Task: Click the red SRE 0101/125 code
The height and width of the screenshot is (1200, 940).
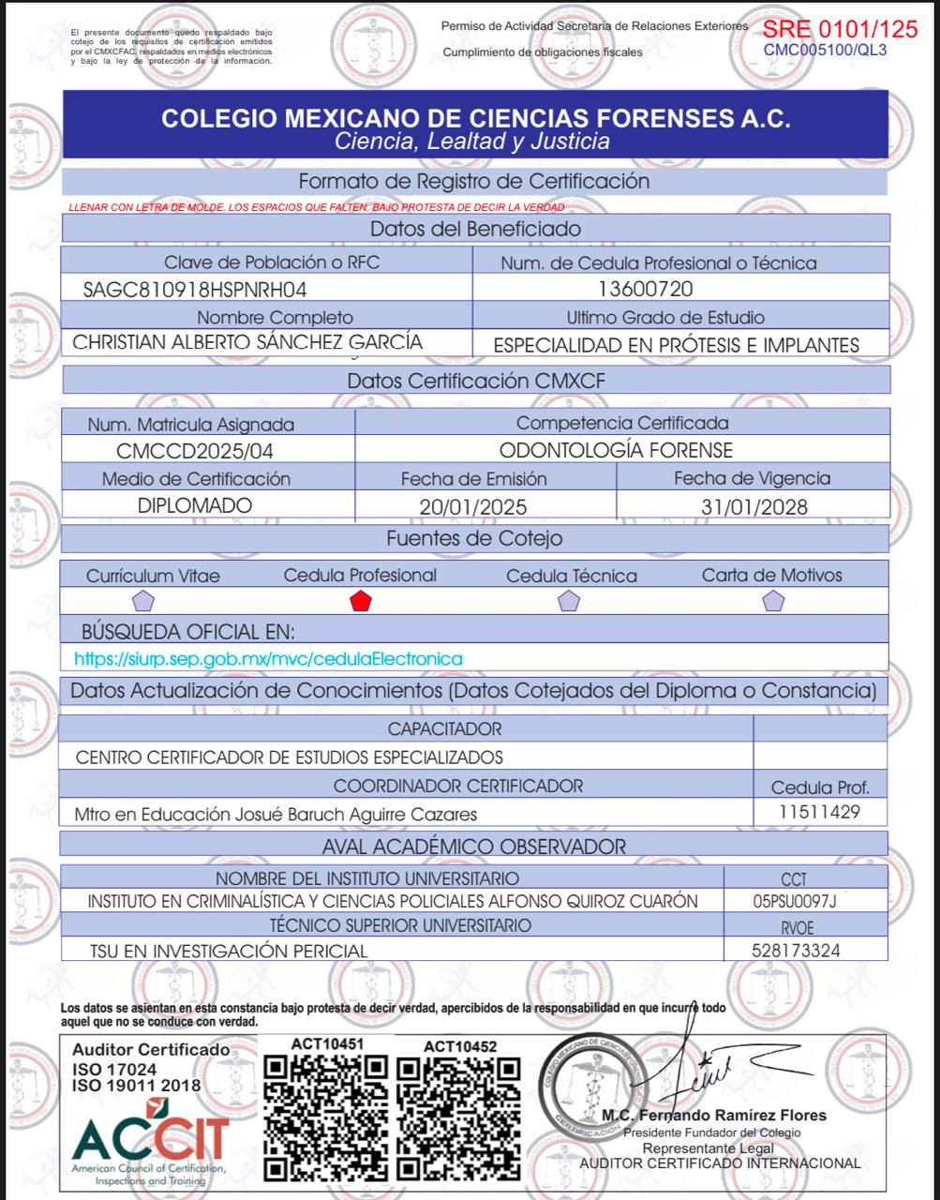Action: (x=840, y=29)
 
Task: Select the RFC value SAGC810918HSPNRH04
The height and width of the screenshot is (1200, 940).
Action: (x=195, y=289)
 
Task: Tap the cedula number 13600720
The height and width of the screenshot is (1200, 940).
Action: (x=646, y=289)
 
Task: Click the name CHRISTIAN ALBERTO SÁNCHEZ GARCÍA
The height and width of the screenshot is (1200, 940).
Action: (x=247, y=342)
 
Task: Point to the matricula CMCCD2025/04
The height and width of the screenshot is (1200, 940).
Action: (x=195, y=451)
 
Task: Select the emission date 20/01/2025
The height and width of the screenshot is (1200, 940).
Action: (x=473, y=507)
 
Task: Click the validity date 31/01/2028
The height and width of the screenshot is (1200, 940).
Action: (x=753, y=507)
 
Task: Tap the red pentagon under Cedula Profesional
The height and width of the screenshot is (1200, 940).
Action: (x=360, y=601)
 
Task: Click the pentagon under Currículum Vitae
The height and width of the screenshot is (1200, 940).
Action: (x=143, y=601)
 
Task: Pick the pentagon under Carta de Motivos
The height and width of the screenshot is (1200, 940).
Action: (x=772, y=601)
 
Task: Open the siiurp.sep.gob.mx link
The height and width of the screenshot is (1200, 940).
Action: (x=268, y=659)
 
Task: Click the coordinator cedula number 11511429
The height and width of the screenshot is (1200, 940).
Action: (x=819, y=812)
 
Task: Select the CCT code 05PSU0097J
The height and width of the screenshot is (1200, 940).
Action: (x=794, y=901)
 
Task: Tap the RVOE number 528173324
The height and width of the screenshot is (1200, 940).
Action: (x=796, y=951)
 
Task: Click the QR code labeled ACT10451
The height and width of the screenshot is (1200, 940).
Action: (x=325, y=1117)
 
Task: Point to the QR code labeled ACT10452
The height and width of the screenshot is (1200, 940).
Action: (x=458, y=1117)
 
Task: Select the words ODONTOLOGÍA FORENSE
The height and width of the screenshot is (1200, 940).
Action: (x=616, y=451)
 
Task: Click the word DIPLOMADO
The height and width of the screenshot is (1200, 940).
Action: (x=195, y=505)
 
